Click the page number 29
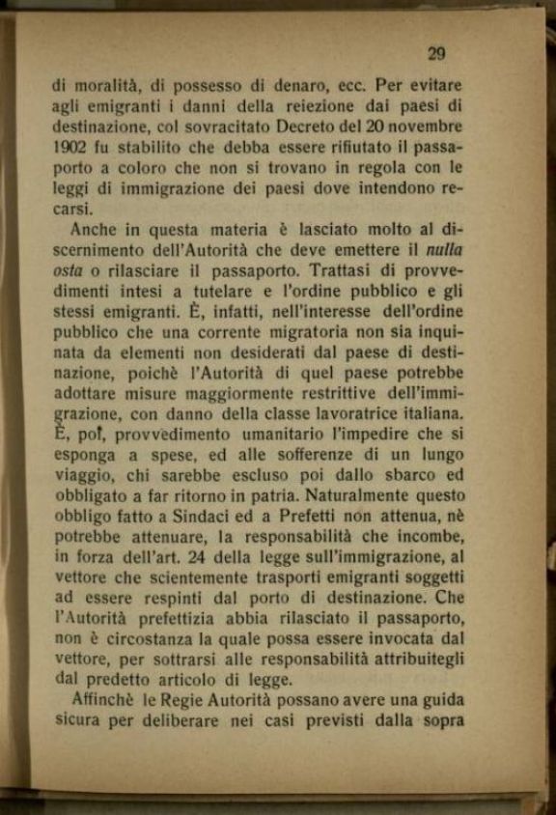(435, 54)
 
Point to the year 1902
(70, 148)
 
